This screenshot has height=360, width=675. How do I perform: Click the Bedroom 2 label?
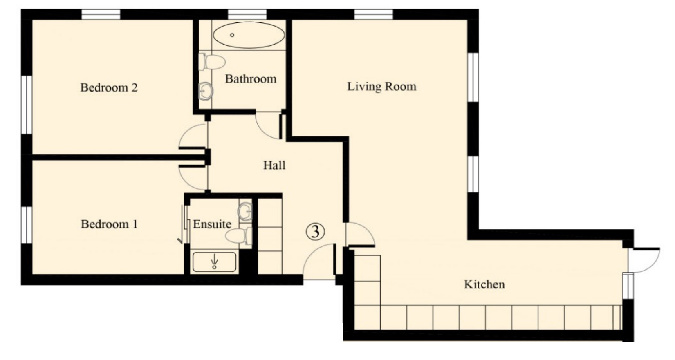coord(109,87)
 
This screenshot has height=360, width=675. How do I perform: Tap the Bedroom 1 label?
coord(109,224)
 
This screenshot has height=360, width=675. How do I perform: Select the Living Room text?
coord(381,87)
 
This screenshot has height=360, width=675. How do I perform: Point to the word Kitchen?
coord(484,284)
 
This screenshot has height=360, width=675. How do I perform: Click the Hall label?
coord(274,165)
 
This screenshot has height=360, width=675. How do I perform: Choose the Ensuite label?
coord(212,224)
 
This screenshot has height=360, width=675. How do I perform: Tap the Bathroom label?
coord(251,79)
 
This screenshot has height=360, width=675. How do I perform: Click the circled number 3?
coord(315,232)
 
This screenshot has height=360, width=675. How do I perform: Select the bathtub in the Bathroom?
coord(249,35)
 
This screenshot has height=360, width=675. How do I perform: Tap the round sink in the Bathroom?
coord(206,91)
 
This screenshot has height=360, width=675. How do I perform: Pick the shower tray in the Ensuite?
coord(214,262)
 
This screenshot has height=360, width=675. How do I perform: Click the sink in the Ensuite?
coord(245,211)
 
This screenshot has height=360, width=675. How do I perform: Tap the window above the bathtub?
coord(247,15)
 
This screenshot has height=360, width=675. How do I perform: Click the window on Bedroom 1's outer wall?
coord(27,224)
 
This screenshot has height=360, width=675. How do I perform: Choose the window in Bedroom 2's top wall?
coord(101,15)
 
